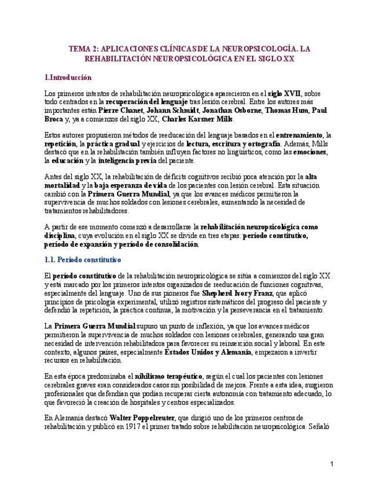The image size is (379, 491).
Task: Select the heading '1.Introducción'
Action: tap(68, 77)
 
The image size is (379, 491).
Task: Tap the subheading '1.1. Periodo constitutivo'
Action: tap(82, 259)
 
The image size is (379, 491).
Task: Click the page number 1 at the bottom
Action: tap(332, 464)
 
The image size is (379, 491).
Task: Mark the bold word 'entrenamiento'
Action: tap(299, 135)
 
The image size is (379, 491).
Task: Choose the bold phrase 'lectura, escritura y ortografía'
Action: tap(234, 144)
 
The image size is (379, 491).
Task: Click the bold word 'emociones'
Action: tap(310, 152)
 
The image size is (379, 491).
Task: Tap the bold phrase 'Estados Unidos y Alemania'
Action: tap(208, 352)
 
